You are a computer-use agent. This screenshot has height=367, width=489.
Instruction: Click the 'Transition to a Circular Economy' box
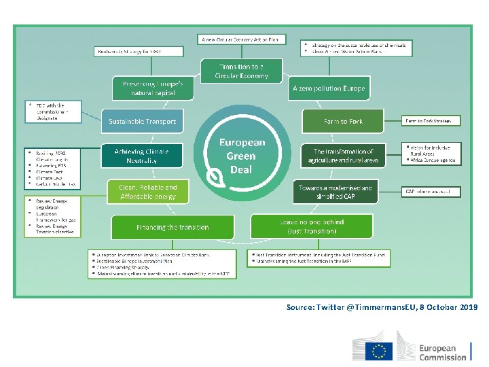tap(242, 71)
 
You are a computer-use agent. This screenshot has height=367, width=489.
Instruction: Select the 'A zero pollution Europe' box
tap(329, 88)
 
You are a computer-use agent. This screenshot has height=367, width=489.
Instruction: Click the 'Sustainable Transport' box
tap(142, 122)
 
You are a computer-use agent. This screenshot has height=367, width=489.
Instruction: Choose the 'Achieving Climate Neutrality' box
tap(142, 156)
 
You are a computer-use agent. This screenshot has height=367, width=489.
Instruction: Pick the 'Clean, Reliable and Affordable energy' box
tap(148, 192)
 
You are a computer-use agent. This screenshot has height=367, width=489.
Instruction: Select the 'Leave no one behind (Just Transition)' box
tap(312, 226)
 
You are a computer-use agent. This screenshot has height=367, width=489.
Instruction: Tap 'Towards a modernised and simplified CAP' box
tap(333, 192)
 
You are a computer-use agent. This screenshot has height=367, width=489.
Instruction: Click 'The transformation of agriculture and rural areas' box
tap(343, 156)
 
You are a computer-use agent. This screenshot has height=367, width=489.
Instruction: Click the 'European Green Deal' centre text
tap(241, 156)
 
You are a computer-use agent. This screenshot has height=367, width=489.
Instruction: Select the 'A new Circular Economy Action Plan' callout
tap(242, 39)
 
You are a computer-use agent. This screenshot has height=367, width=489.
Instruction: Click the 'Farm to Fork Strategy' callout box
tap(432, 121)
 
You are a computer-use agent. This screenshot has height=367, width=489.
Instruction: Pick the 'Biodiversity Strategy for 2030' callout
tap(139, 51)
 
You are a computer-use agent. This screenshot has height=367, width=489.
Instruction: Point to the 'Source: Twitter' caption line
tap(382, 307)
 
